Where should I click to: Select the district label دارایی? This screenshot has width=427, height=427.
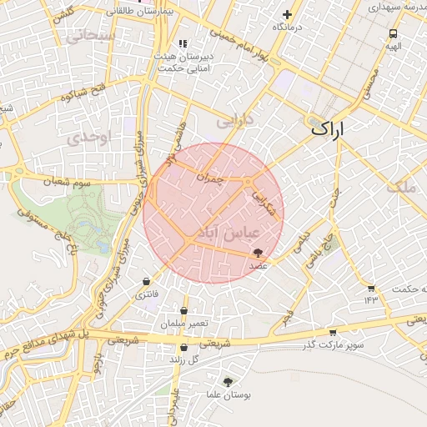(234, 122)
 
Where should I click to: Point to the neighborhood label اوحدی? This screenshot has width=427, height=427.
(90, 138)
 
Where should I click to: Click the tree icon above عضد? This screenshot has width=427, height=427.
(257, 251)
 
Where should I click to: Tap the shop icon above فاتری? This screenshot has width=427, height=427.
(147, 281)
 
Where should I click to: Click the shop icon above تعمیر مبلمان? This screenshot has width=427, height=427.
(183, 310)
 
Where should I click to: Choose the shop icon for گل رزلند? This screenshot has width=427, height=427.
(183, 348)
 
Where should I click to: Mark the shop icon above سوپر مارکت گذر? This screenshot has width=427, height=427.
(334, 332)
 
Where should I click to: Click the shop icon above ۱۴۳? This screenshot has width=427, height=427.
(371, 289)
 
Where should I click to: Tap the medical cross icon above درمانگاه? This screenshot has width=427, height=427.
(288, 14)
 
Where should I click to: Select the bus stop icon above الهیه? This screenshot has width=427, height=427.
(392, 34)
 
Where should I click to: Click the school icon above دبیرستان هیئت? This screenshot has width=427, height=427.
(183, 44)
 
